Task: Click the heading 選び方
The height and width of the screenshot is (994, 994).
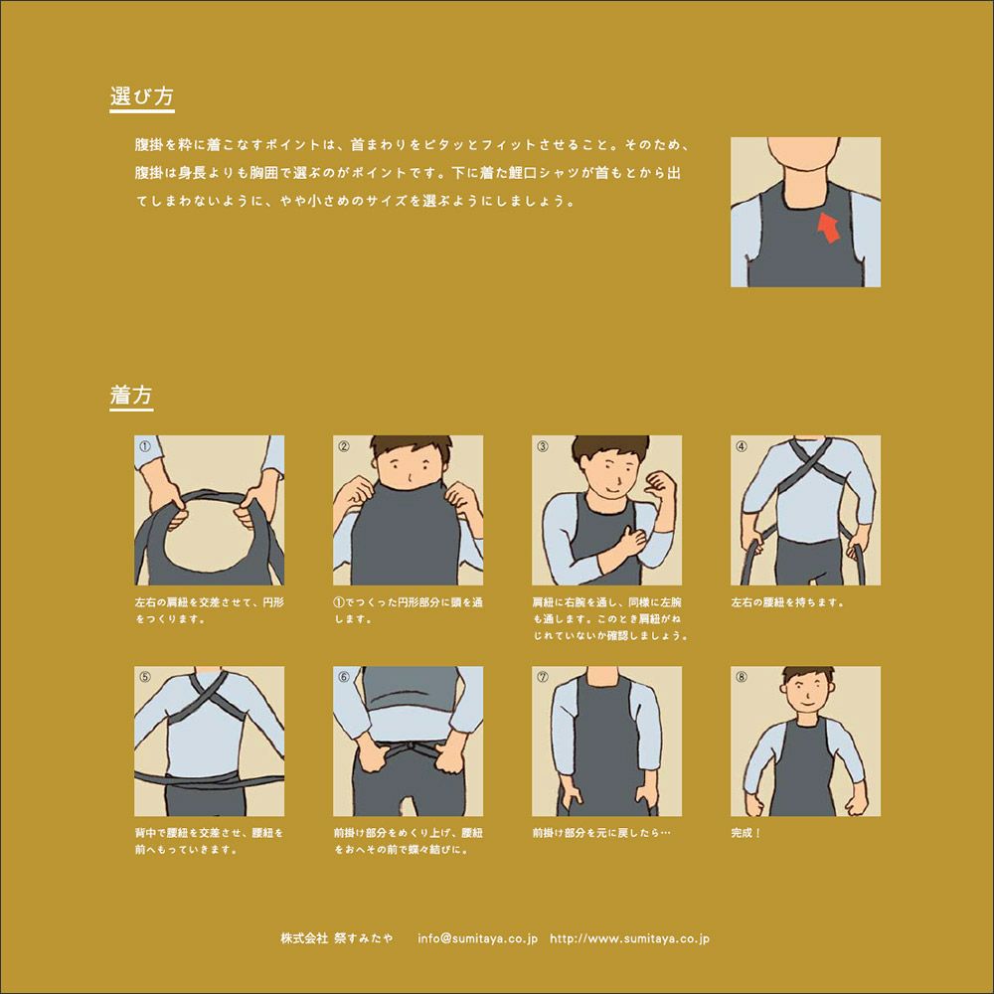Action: tap(141, 96)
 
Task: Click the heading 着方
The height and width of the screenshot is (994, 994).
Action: tap(131, 395)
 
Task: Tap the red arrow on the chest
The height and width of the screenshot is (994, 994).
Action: tap(828, 228)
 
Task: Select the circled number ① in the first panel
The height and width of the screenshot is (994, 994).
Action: tap(145, 446)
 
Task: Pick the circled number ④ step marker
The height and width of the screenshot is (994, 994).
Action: tap(742, 446)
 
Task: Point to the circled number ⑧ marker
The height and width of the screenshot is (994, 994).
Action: tap(742, 677)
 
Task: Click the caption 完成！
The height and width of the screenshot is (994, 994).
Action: tap(745, 833)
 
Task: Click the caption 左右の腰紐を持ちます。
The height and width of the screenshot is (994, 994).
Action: tap(787, 602)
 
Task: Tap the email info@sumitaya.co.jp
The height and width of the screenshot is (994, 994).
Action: tap(477, 938)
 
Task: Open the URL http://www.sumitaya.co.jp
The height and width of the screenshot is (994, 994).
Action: tap(629, 938)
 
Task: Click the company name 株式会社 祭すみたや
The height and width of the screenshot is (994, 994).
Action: tap(337, 938)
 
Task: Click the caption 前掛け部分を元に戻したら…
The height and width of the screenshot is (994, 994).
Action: tap(601, 833)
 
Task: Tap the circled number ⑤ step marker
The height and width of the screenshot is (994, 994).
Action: tap(145, 677)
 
